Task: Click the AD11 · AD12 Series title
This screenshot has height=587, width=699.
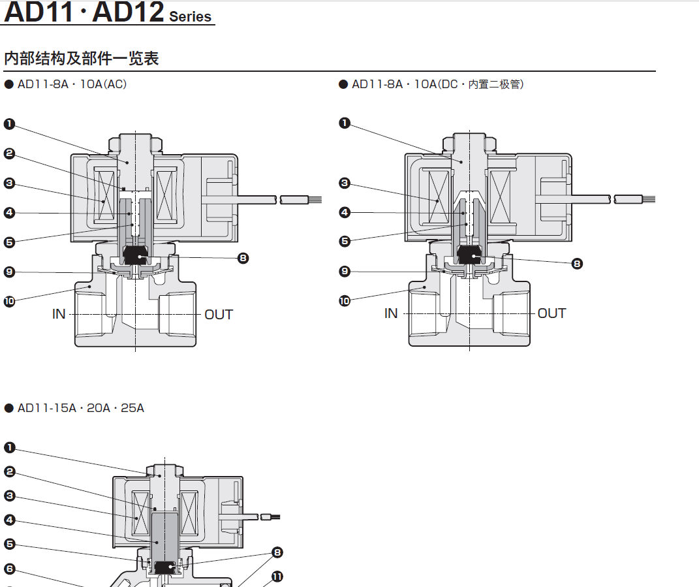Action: pos(108,12)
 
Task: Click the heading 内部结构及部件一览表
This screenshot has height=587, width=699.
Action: pos(82,58)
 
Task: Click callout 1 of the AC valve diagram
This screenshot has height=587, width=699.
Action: pos(9,123)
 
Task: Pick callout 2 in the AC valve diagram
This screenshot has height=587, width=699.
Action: pos(9,153)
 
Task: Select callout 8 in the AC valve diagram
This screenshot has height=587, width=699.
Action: pos(243,258)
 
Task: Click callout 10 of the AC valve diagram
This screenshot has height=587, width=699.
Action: pos(9,301)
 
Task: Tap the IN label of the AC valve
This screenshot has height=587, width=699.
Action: pos(59,314)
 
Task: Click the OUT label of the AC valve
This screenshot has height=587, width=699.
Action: pos(219,314)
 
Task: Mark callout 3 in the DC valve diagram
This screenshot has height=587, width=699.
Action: pos(345,183)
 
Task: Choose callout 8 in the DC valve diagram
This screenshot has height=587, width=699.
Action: pos(577,263)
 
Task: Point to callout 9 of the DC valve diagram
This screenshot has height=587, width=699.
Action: pos(345,271)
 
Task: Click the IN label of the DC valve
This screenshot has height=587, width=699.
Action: pos(391,313)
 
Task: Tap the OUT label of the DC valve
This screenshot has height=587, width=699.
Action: pos(551,313)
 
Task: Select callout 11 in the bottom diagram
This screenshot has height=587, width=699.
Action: pos(277,577)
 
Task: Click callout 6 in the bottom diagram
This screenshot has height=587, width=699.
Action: pos(9,569)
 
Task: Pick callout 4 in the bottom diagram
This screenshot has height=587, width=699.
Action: pos(9,520)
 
